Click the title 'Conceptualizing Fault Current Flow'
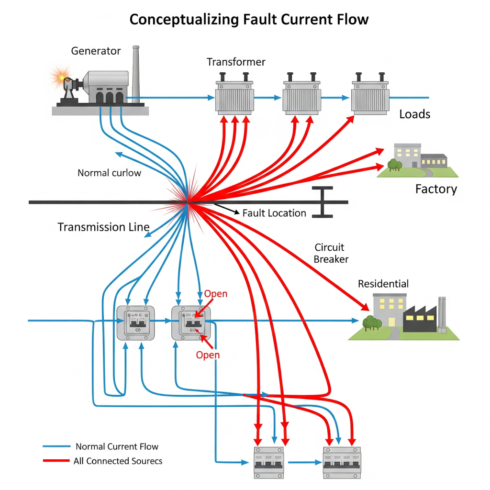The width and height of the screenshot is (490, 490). click(249, 20)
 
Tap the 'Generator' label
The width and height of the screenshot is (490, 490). click(96, 51)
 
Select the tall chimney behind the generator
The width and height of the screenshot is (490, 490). click(136, 72)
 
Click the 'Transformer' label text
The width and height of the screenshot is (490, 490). click(236, 62)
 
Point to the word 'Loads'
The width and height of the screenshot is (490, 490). click(414, 114)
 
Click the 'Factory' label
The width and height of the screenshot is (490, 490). click(435, 189)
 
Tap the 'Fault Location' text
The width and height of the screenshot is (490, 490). click(274, 213)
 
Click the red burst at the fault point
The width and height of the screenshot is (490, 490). click(188, 201)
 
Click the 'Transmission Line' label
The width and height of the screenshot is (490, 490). click(103, 227)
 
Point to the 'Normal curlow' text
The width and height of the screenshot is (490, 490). click(109, 173)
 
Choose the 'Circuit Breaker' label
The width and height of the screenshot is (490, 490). click(331, 254)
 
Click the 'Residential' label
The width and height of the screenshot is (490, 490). click(383, 284)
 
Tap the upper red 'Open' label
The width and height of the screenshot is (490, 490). click(215, 294)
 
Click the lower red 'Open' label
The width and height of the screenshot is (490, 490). click(208, 355)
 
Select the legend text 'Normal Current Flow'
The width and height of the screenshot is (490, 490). click(117, 446)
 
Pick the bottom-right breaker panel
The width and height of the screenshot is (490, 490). click(342, 462)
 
